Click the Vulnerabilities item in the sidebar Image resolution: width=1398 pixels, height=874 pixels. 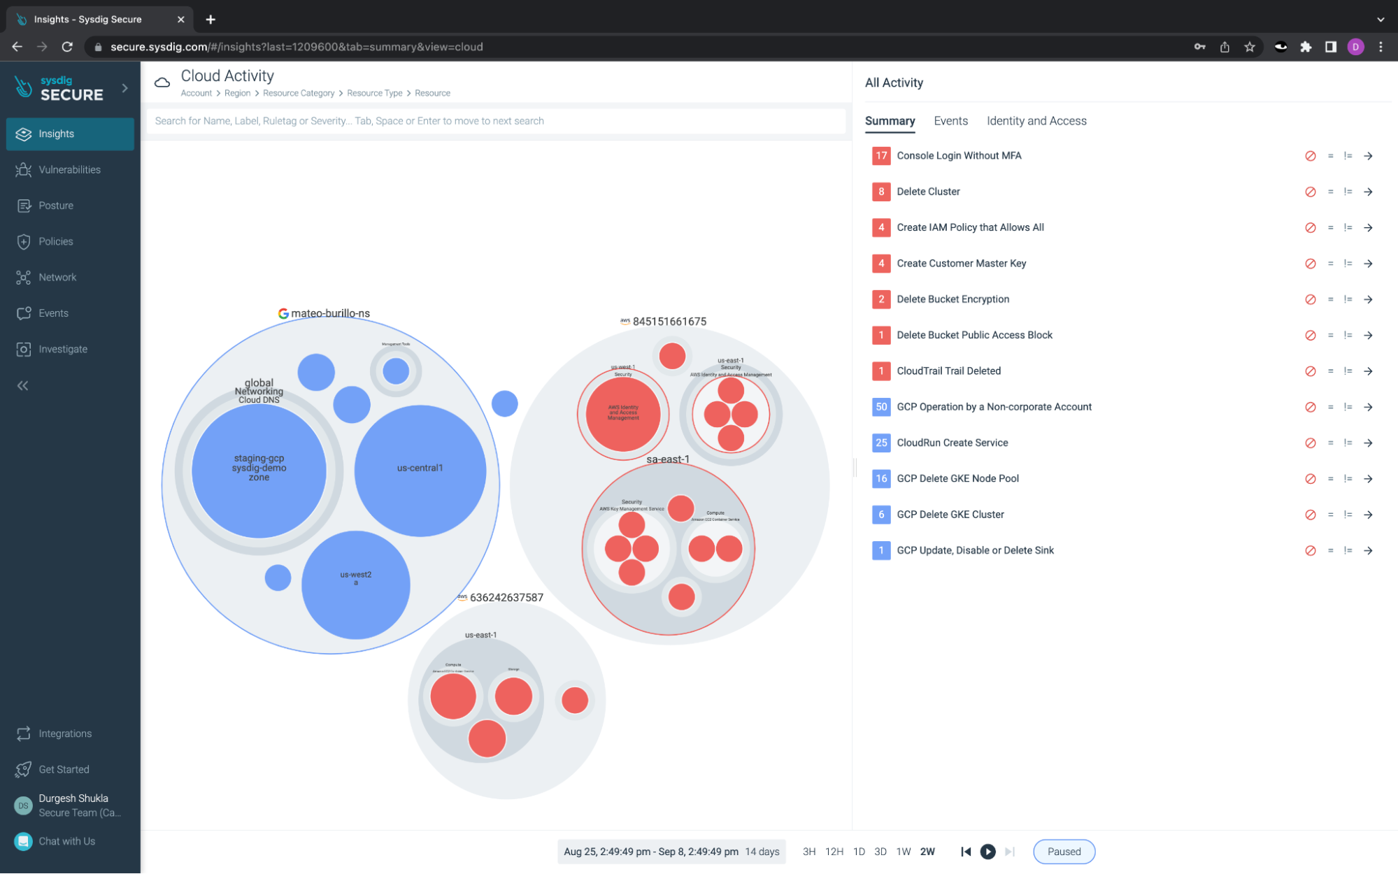pos(69,170)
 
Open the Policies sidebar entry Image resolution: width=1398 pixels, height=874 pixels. pos(55,241)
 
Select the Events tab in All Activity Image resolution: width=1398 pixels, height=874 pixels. pos(950,121)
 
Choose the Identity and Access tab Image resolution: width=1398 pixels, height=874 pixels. pos(1036,121)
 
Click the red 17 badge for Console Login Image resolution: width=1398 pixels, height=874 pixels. pos(880,156)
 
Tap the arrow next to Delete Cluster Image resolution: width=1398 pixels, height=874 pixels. pos(1367,192)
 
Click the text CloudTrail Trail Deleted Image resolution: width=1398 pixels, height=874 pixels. pos(948,371)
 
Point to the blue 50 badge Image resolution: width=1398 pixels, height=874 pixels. pos(880,407)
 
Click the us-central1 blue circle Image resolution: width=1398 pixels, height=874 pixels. pos(420,470)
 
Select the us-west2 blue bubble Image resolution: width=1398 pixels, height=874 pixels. pos(355,585)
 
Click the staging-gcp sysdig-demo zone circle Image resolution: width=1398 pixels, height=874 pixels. pos(259,470)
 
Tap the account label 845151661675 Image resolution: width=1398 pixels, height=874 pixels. pos(669,322)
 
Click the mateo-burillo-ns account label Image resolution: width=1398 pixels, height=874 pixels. pos(329,313)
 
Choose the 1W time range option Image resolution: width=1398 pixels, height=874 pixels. pos(903,852)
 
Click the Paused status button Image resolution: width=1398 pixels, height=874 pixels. pos(1063,852)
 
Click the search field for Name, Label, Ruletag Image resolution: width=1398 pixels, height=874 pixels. pos(495,121)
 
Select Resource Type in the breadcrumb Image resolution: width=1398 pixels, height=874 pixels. pos(374,93)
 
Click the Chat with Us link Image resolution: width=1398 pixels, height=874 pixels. pos(66,841)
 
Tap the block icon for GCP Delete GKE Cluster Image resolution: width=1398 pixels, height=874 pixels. pos(1310,515)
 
